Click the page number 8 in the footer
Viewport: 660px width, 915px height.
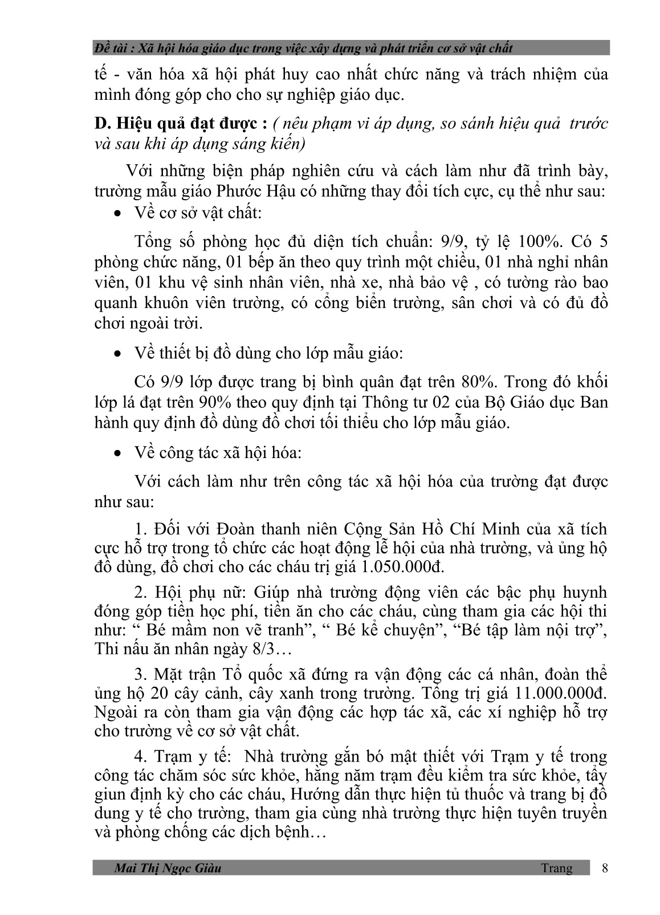click(605, 868)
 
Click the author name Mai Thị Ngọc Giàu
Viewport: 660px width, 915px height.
click(168, 868)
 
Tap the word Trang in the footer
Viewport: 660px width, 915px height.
click(557, 868)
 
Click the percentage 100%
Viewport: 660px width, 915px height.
click(535, 241)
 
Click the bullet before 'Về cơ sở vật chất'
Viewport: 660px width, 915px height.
click(118, 214)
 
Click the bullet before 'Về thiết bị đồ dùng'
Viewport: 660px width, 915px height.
click(118, 354)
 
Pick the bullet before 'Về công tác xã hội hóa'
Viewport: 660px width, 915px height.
click(118, 454)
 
